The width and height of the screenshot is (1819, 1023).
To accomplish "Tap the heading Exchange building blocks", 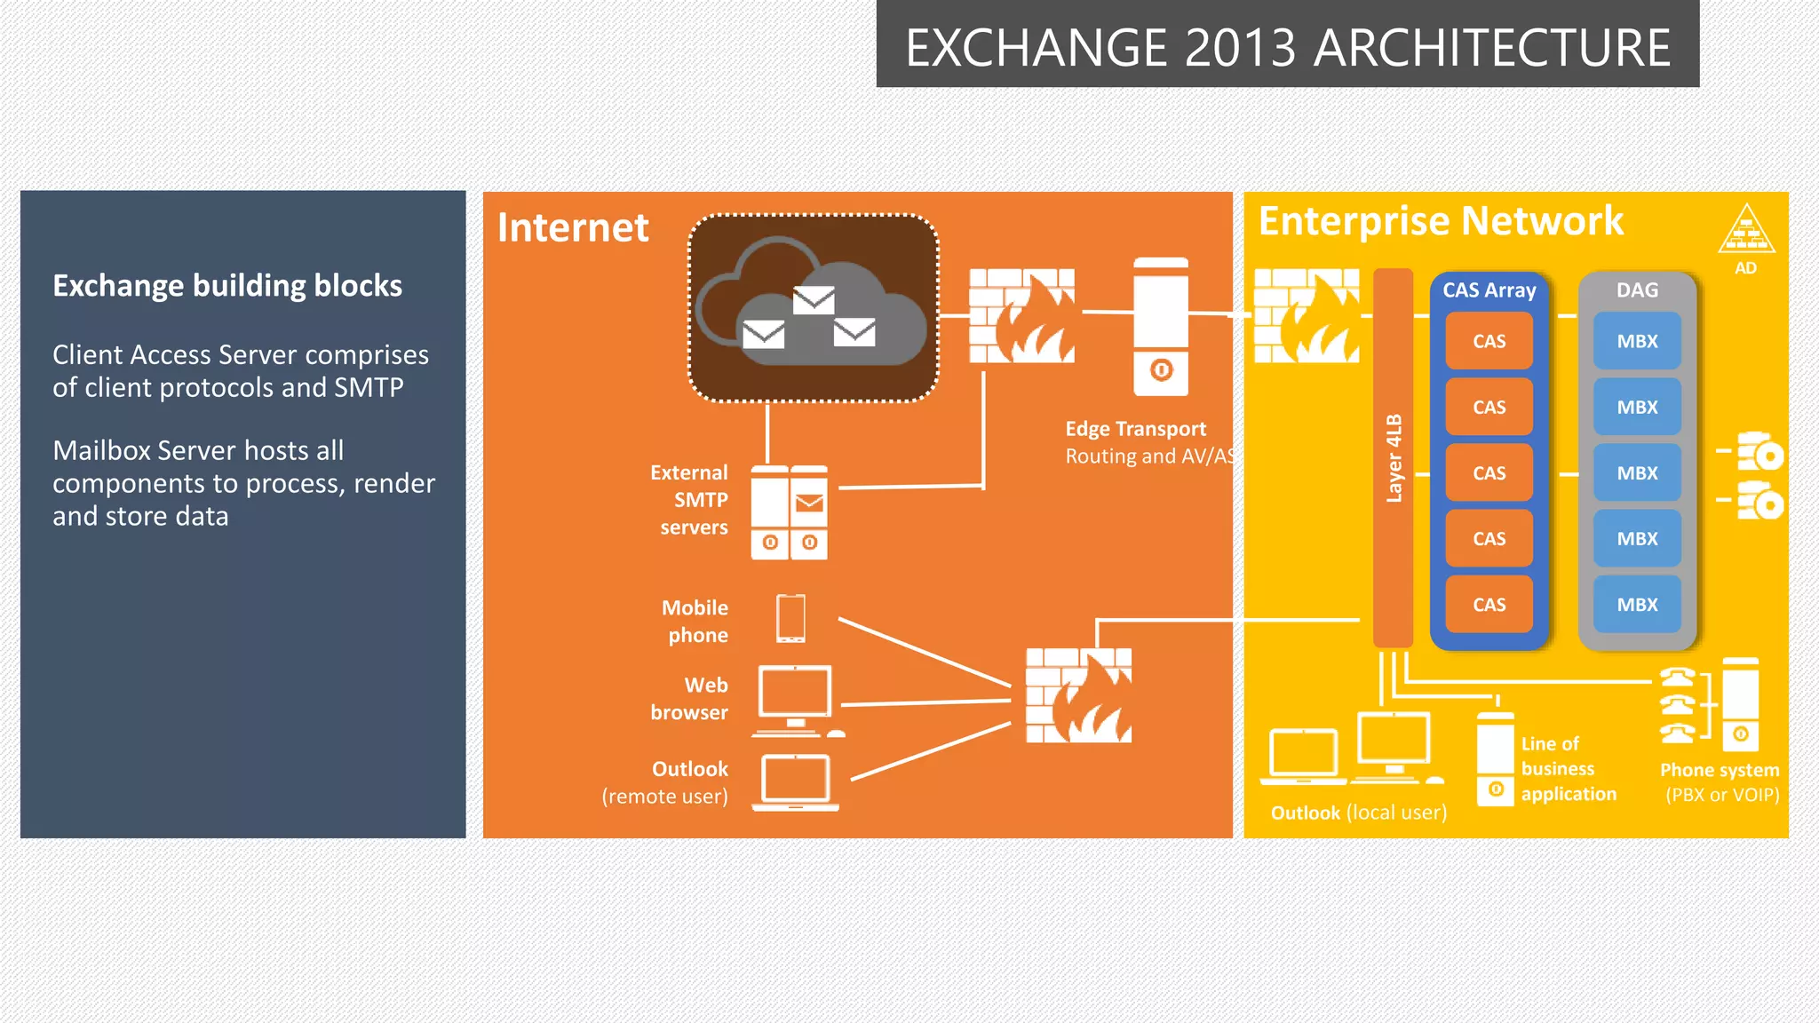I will (x=227, y=286).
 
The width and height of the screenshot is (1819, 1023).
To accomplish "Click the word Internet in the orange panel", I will (x=573, y=227).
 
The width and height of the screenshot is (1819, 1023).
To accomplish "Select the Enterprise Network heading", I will (x=1441, y=220).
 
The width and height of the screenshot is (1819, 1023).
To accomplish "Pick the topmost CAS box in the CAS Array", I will (x=1489, y=341).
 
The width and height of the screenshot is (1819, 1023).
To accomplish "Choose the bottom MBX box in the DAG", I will (x=1637, y=605).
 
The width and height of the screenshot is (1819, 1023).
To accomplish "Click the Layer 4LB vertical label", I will (x=1394, y=458).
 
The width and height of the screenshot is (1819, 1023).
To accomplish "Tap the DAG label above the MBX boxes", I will (x=1637, y=290).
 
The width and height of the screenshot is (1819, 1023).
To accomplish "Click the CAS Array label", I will (x=1489, y=290).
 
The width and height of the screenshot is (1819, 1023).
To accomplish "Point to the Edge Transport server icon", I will (x=1161, y=327).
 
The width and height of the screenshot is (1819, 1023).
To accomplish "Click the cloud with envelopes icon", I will (x=813, y=307).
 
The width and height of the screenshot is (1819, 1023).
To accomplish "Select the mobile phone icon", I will (x=790, y=618).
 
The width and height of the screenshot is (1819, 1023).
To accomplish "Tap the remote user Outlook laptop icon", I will (x=796, y=781).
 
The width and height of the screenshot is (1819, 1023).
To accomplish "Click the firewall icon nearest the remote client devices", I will (x=1078, y=695).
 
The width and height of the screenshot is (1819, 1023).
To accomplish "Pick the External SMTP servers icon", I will (x=789, y=512).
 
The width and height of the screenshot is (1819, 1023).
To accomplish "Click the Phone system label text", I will (x=1720, y=770).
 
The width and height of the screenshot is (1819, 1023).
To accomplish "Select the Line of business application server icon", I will (x=1495, y=759).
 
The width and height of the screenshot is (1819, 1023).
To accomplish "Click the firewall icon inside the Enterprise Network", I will (x=1306, y=316).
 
